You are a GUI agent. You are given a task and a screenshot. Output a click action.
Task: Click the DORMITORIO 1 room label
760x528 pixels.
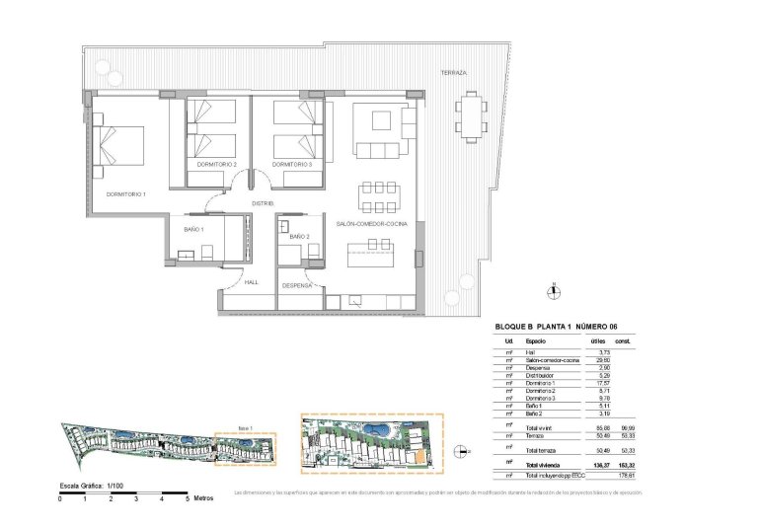click(126, 194)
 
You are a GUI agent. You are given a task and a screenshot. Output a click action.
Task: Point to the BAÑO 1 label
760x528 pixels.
click(193, 229)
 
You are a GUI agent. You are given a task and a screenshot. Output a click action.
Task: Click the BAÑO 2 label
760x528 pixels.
click(301, 237)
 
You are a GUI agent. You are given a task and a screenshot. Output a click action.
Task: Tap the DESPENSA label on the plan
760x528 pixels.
click(297, 285)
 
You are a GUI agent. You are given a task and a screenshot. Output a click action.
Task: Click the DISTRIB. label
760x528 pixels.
click(262, 203)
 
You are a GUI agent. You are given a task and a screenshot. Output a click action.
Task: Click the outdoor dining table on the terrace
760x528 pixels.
click(471, 115)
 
